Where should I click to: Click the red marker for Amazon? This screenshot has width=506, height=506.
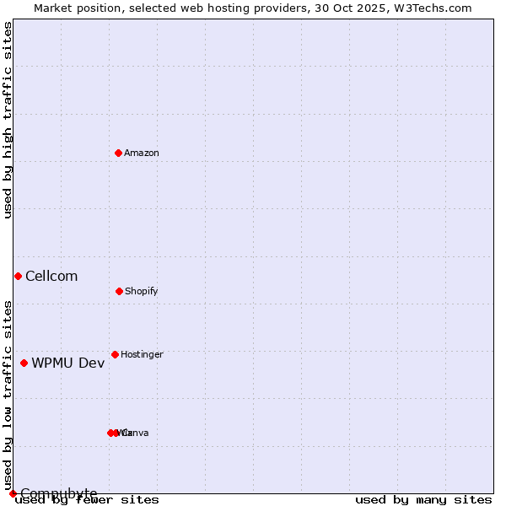click(119, 153)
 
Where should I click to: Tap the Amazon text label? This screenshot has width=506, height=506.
click(142, 153)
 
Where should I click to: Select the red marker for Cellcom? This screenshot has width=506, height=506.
click(18, 276)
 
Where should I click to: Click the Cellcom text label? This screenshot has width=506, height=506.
click(51, 276)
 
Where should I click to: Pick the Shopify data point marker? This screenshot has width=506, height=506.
click(119, 291)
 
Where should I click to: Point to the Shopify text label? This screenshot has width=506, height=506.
click(142, 291)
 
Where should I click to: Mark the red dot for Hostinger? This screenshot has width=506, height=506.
click(115, 354)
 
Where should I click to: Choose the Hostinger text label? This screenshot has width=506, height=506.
click(142, 354)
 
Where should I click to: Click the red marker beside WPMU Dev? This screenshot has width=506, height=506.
click(24, 363)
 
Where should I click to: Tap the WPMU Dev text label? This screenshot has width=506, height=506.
click(68, 363)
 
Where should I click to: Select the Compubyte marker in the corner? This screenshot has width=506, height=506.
click(13, 493)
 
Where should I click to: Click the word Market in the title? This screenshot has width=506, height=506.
click(54, 8)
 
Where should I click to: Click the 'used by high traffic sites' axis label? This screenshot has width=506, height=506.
click(8, 120)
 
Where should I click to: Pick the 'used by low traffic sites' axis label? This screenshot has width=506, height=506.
click(8, 395)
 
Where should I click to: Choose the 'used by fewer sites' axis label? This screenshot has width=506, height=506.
click(88, 499)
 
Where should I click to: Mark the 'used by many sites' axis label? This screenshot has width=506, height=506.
click(423, 499)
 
